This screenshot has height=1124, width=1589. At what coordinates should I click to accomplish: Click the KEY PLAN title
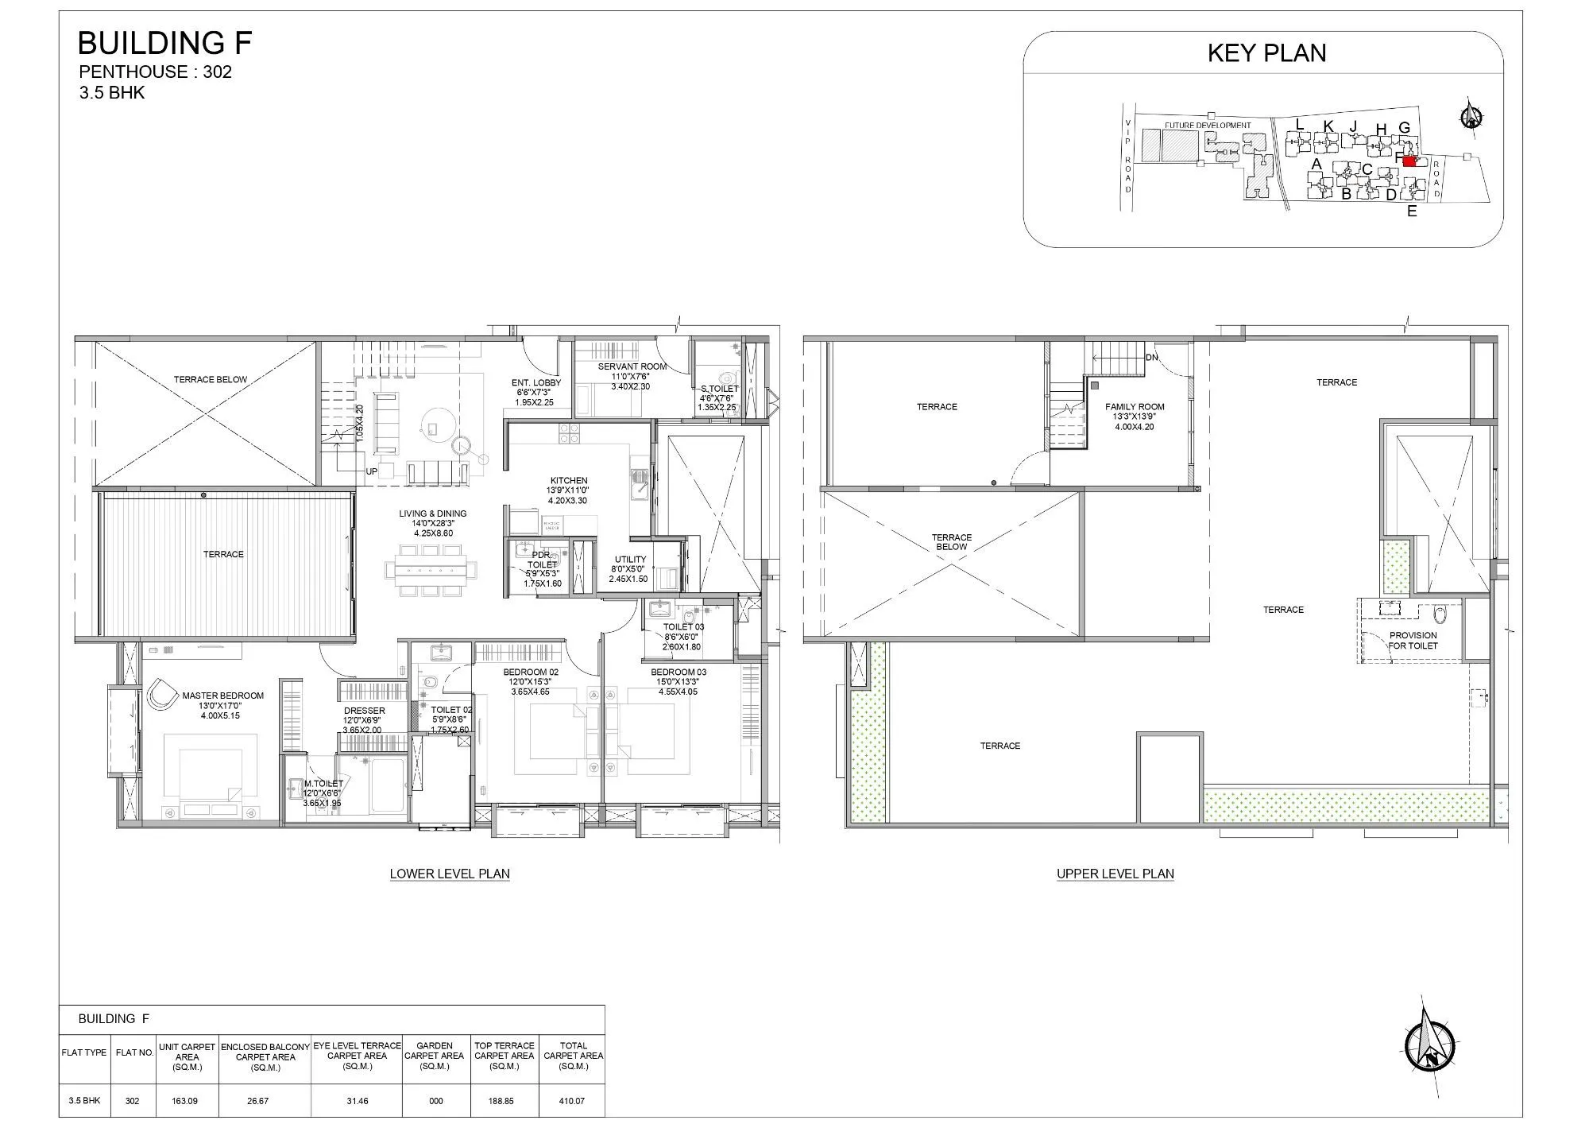point(1266,52)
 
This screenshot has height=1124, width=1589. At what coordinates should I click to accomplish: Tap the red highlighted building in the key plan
point(1410,161)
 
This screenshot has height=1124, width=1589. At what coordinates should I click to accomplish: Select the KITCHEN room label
point(569,481)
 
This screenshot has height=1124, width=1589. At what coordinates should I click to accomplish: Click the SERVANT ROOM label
point(632,366)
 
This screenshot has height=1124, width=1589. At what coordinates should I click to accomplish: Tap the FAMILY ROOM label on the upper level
point(1134,407)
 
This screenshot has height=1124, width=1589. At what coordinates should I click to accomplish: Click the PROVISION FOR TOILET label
point(1413,640)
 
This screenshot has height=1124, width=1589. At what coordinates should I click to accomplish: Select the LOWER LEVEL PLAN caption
point(450,874)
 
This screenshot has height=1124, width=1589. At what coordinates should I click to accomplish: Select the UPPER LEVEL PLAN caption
point(1115,874)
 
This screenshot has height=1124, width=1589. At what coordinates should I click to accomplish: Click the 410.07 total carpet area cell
point(573,1101)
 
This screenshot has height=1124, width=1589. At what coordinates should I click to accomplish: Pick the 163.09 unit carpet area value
point(186,1101)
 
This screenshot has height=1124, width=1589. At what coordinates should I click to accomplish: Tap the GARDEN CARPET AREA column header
point(435,1056)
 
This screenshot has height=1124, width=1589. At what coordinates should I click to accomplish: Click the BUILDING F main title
point(165,43)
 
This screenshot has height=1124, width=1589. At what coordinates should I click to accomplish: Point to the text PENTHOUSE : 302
point(155,72)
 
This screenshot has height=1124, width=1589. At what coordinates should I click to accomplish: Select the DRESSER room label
point(364,711)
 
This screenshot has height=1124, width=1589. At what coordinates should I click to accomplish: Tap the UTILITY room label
point(629,560)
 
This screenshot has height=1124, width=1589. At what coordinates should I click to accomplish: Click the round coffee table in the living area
point(436,428)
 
